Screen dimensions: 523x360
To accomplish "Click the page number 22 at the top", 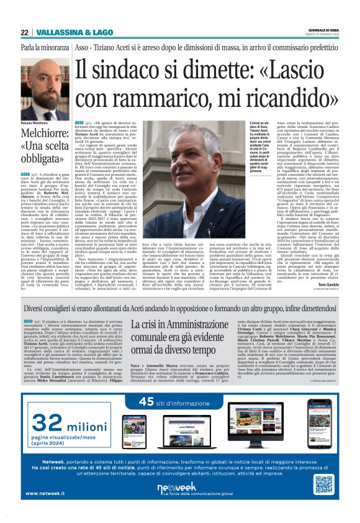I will point(24,32).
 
